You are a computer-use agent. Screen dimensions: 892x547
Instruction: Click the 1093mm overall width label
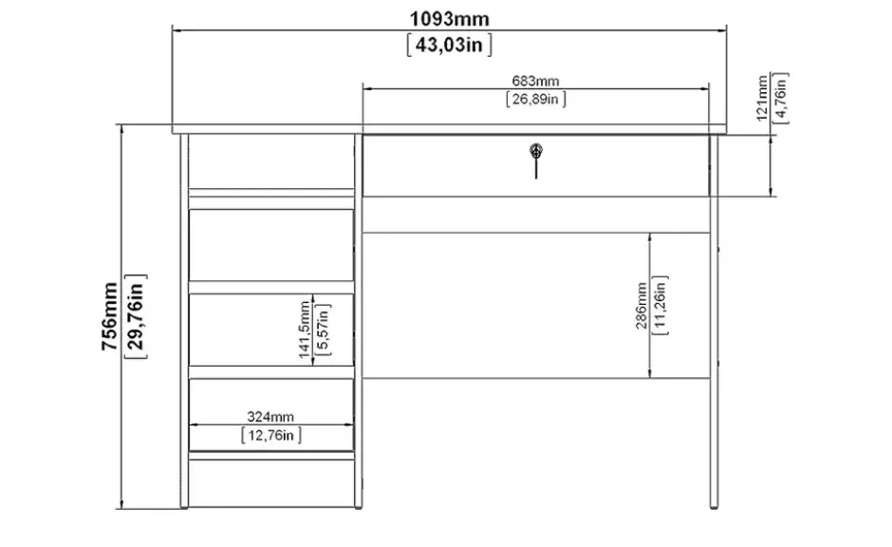[450, 19]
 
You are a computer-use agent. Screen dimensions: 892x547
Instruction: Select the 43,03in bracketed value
[450, 45]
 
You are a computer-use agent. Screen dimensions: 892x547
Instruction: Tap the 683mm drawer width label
[535, 81]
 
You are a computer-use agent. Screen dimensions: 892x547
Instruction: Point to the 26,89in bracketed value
[536, 99]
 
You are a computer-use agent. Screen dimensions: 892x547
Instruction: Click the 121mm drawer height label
[762, 98]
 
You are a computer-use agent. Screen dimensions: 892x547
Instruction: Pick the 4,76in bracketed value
[780, 98]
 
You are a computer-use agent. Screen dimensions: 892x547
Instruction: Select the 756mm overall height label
[109, 316]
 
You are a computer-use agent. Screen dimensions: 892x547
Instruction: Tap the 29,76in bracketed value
[136, 316]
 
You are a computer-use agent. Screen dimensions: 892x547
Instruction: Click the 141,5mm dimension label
[305, 330]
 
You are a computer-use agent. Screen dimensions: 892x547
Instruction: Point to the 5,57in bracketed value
[323, 330]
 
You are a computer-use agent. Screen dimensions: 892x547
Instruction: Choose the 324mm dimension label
[270, 417]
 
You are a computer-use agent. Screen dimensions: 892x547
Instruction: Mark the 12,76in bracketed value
[271, 436]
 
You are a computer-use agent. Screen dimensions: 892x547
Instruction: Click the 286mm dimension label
[641, 306]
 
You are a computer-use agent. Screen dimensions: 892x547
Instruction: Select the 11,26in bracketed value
[660, 306]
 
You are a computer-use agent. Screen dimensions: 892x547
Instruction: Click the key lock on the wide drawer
[536, 151]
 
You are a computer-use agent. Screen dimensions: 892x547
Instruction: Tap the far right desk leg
[714, 322]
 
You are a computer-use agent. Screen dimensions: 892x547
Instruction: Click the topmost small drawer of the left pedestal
[270, 245]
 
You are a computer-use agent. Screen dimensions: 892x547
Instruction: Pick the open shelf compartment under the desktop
[270, 161]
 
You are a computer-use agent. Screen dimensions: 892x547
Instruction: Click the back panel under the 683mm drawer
[536, 305]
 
